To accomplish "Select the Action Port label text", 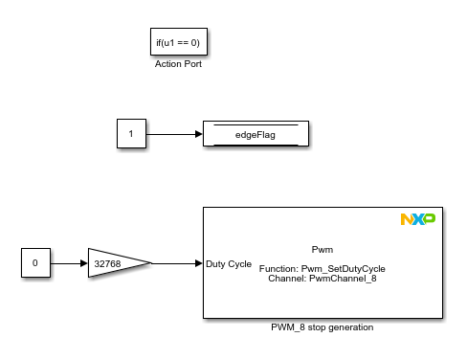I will click(178, 64).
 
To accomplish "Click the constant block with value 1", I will click(131, 134).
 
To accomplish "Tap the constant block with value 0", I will click(35, 262).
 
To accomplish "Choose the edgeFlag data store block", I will click(255, 134).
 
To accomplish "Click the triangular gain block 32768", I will click(115, 262).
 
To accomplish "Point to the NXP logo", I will click(417, 220).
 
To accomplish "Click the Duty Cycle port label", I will click(229, 262).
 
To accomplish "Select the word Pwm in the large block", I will click(322, 249).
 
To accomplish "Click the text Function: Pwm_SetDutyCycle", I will click(322, 269).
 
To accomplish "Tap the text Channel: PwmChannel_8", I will click(322, 279).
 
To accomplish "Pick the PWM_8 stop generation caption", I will click(322, 326).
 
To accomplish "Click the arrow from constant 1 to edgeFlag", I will click(172, 134).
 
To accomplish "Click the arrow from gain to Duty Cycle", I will click(176, 262).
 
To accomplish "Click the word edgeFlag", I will click(255, 135).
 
